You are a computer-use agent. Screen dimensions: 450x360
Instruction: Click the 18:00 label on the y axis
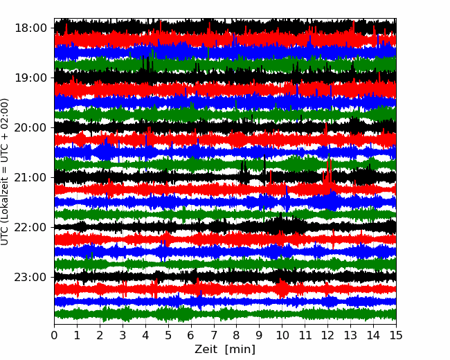30,28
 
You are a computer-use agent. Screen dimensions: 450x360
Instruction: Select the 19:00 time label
30,78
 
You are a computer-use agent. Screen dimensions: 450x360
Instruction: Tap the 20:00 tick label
30,128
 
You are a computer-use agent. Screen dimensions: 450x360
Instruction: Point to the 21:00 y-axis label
30,177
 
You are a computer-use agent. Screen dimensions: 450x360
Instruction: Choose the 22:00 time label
30,227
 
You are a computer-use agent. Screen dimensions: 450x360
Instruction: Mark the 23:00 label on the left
30,278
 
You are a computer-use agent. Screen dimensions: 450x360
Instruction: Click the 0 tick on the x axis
54,335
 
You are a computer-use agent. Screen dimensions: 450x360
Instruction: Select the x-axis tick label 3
123,335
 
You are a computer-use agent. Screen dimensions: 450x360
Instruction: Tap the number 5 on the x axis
168,335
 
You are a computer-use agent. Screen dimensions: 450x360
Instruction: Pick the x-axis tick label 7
214,335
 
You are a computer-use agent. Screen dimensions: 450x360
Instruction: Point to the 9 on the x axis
259,335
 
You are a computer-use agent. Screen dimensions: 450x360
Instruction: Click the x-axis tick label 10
282,335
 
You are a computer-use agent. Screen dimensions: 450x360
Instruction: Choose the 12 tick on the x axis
327,335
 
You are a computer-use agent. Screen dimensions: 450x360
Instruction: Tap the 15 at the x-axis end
396,335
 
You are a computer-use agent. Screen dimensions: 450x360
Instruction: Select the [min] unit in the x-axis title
240,350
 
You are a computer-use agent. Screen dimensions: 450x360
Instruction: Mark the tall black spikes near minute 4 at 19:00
147,64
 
